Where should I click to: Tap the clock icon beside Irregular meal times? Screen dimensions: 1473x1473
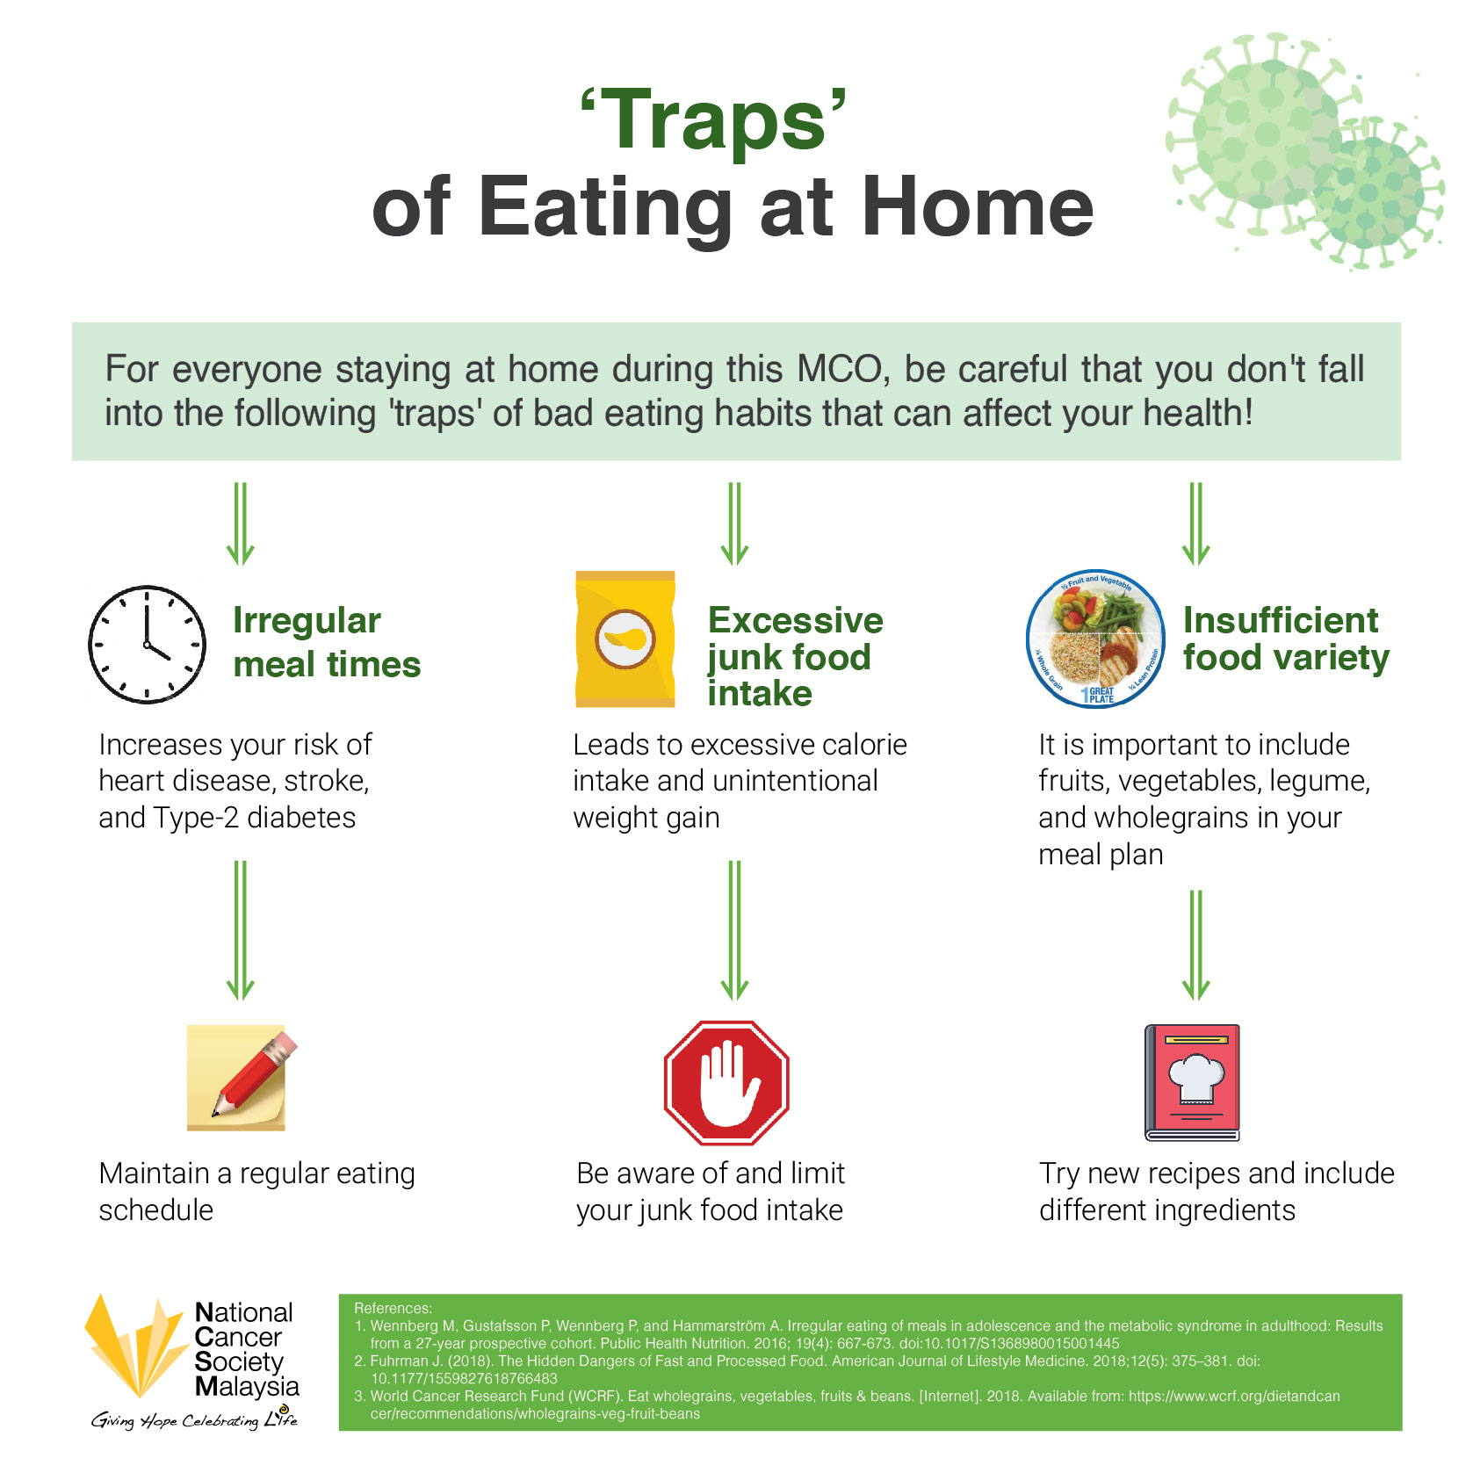coord(148,644)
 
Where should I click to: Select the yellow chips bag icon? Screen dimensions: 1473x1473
coord(625,639)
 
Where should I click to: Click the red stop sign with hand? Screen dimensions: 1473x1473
coord(726,1082)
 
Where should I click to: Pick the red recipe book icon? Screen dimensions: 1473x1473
coord(1192,1082)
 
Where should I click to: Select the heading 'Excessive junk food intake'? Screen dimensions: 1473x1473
coord(795,656)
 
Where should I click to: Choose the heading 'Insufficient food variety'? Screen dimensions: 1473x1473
coord(1286,639)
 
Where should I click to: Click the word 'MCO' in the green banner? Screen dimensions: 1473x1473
coord(840,369)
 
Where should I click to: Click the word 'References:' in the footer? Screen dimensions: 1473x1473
coord(393,1308)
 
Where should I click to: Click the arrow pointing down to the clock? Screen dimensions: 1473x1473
coord(240,523)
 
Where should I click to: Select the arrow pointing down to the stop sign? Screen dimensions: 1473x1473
coord(735,930)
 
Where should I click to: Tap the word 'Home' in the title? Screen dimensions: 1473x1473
coord(978,207)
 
